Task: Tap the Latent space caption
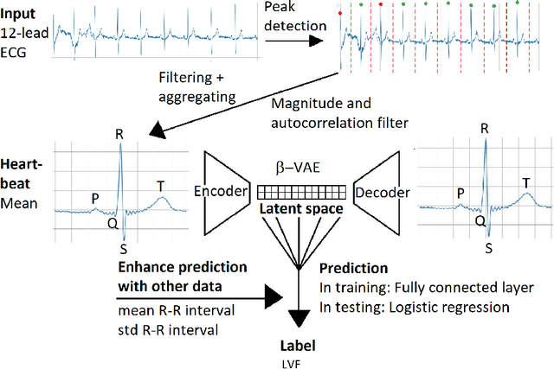(300, 209)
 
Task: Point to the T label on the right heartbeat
(525, 182)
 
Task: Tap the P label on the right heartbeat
(461, 193)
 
